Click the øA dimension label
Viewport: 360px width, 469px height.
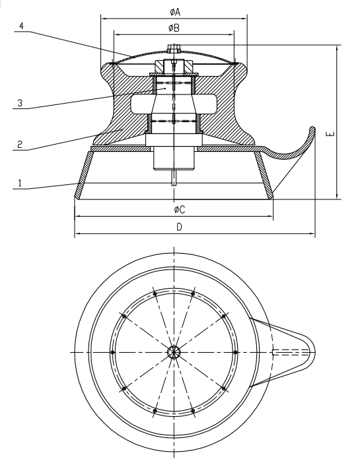174,11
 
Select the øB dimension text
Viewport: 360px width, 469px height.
174,28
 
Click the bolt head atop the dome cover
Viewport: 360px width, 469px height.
174,48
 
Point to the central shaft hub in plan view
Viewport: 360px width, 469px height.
174,352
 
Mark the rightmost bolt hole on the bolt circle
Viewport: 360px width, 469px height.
235,352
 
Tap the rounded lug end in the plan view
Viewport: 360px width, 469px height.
309,352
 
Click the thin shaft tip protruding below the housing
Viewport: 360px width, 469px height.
174,178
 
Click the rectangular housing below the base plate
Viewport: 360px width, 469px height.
174,159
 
